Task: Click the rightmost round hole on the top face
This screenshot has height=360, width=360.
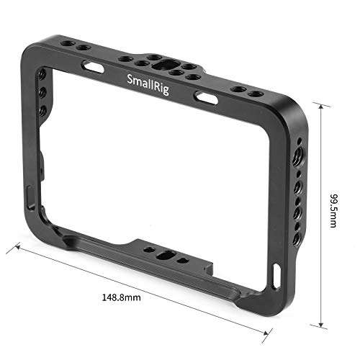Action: pos(256,94)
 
